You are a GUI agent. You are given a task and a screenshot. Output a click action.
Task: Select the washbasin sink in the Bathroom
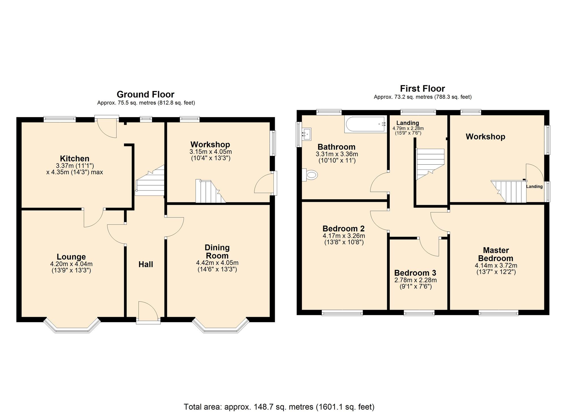306,134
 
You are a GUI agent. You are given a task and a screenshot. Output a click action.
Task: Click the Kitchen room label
74,158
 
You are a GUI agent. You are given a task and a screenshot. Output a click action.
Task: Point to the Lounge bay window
72,326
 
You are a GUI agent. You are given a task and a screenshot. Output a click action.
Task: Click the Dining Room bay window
220,326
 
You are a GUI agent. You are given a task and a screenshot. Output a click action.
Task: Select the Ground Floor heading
145,94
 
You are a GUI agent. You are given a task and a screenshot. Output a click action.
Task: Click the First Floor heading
422,89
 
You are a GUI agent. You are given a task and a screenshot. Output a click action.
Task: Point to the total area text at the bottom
279,407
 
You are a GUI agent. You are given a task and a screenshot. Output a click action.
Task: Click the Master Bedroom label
496,254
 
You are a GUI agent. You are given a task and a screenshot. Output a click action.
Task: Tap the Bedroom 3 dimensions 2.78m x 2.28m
415,280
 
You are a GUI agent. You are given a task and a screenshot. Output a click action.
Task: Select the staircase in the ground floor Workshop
209,192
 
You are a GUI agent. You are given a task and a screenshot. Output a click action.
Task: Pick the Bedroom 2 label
343,228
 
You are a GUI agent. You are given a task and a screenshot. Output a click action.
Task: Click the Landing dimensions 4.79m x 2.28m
408,128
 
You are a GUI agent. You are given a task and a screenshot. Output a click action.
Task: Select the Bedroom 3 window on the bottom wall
419,313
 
